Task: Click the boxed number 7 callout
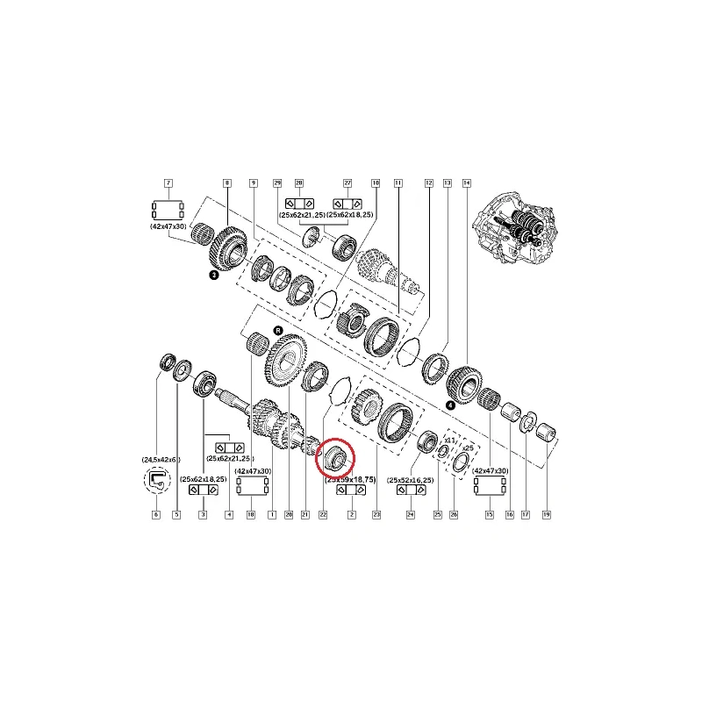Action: pos(168,183)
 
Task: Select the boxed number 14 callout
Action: pos(466,183)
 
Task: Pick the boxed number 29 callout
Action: pos(277,183)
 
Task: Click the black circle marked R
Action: pos(278,331)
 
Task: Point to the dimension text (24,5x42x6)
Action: pos(159,460)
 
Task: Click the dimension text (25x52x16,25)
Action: pos(410,480)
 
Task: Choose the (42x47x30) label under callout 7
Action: pos(168,226)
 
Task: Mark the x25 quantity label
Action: pos(467,448)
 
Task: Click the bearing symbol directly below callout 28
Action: pos(299,203)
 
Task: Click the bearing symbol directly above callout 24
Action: pos(410,492)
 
